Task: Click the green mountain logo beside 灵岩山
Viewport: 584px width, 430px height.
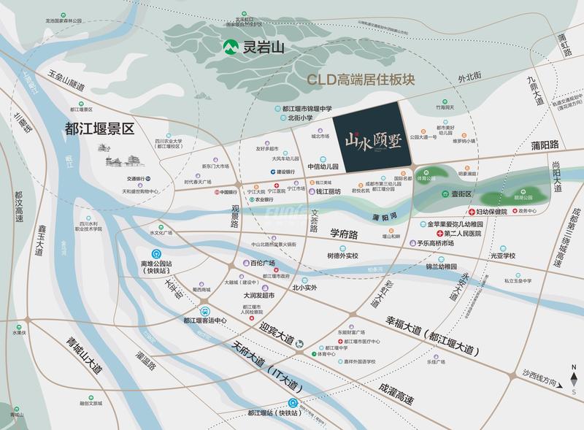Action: coord(231,50)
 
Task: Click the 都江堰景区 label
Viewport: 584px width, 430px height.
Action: coord(100,130)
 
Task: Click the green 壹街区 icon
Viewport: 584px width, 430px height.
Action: coord(445,194)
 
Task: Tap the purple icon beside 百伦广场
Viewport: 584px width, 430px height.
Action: coord(243,261)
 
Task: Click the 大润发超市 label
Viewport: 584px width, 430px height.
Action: coord(259,295)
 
